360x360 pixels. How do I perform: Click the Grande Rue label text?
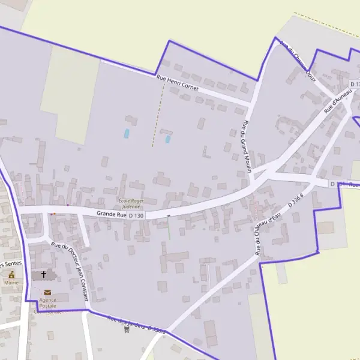pyautogui.click(x=112, y=214)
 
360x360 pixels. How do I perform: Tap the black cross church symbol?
pyautogui.click(x=44, y=275)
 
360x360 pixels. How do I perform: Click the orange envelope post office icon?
pyautogui.click(x=47, y=292)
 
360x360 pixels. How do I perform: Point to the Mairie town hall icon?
pyautogui.click(x=11, y=275)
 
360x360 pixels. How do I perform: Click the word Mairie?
pyautogui.click(x=11, y=283)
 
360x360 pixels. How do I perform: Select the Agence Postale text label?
pyautogui.click(x=47, y=302)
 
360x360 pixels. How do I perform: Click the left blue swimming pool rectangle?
pyautogui.click(x=127, y=134)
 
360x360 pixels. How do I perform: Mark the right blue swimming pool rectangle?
pyautogui.click(x=168, y=139)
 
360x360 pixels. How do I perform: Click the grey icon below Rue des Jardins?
pyautogui.click(x=125, y=329)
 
